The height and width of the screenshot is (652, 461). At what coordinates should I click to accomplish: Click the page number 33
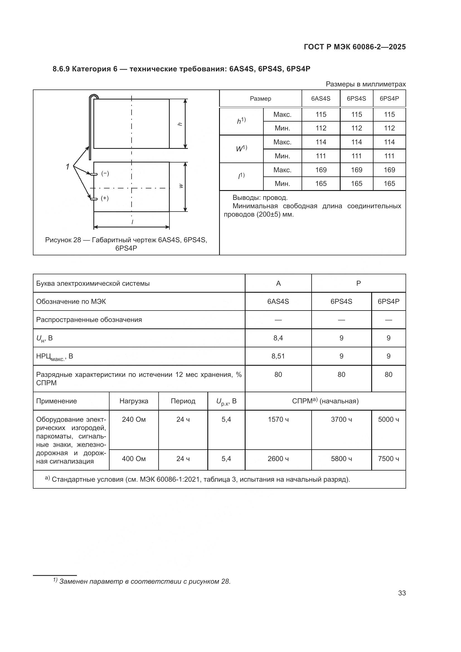402,593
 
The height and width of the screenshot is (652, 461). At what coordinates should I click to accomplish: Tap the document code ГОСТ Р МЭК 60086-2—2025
355,47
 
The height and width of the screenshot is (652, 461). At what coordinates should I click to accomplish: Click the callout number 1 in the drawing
67,167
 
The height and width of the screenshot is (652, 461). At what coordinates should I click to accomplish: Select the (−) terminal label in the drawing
105,173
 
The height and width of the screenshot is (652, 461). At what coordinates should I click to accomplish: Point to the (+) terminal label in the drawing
105,198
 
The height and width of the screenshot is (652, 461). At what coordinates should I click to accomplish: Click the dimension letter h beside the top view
179,124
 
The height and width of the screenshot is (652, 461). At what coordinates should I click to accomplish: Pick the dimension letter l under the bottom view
132,222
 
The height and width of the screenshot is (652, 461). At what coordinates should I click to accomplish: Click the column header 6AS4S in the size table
321,98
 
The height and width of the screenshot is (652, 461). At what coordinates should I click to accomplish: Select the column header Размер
260,98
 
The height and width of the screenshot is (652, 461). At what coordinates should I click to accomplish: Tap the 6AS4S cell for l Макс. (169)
321,170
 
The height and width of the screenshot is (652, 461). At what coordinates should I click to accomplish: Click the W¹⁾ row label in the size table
241,149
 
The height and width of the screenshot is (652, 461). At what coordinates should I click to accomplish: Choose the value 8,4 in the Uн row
278,338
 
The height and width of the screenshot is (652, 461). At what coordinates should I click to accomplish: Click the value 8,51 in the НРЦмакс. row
278,356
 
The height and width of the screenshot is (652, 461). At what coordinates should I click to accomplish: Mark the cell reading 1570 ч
278,420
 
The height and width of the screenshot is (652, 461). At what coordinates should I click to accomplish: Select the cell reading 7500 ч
388,459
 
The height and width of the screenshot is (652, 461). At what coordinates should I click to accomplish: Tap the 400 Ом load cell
134,459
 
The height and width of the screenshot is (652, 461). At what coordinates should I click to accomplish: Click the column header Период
183,401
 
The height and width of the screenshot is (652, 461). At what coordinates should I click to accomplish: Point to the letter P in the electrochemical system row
358,283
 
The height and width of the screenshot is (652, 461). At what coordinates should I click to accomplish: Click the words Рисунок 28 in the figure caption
63,240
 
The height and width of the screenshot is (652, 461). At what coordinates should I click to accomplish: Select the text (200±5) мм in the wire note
275,214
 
